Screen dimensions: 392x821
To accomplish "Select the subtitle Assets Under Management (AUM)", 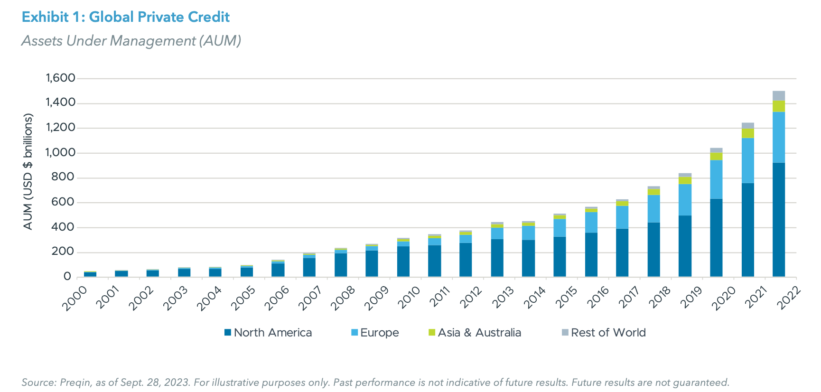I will pyautogui.click(x=131, y=41).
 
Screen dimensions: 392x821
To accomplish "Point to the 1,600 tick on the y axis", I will pyautogui.click(x=60, y=78).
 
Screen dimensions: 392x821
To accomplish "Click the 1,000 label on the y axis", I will pyautogui.click(x=60, y=152).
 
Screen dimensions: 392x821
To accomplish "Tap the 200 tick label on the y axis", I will pyautogui.click(x=63, y=252).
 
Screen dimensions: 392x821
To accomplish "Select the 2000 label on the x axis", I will pyautogui.click(x=75, y=298).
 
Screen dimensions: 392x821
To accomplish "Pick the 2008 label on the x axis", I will pyautogui.click(x=343, y=298).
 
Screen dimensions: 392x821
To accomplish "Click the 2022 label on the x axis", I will pyautogui.click(x=788, y=298).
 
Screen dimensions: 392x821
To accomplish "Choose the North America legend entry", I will pyautogui.click(x=268, y=333).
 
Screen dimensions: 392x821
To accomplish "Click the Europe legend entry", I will pyautogui.click(x=375, y=333).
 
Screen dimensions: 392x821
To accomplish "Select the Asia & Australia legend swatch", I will pyautogui.click(x=432, y=333).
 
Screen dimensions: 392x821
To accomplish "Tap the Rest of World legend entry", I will pyautogui.click(x=604, y=333).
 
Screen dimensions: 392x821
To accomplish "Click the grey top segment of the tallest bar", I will pyautogui.click(x=779, y=95).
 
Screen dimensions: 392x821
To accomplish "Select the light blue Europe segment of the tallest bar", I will pyautogui.click(x=779, y=137).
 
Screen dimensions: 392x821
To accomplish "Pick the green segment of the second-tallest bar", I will pyautogui.click(x=748, y=133).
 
